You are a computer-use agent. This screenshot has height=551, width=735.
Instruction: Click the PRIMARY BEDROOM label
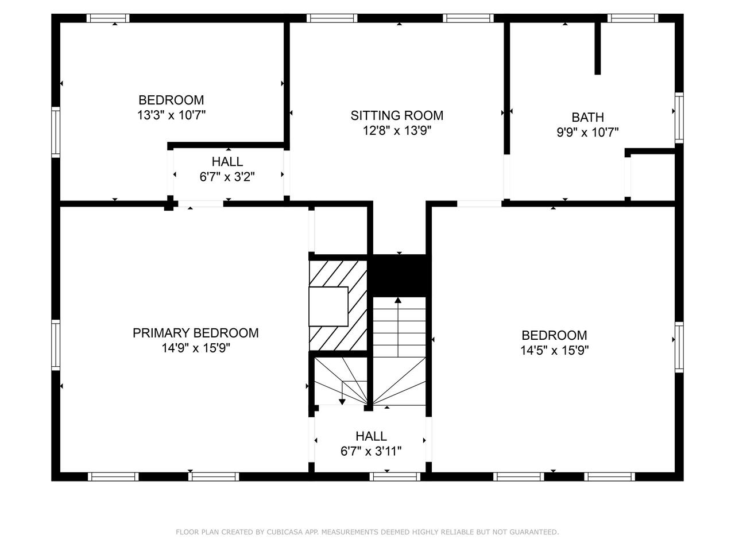(196, 333)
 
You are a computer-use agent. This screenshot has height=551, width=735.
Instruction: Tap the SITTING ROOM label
(397, 115)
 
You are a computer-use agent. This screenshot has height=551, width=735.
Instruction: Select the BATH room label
(587, 118)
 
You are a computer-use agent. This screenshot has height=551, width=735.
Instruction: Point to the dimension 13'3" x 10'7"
(171, 115)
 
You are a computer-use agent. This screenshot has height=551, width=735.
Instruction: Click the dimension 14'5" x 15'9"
(554, 350)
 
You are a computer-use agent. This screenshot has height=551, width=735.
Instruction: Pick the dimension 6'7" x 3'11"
(371, 451)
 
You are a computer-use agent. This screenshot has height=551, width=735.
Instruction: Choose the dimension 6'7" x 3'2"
(227, 176)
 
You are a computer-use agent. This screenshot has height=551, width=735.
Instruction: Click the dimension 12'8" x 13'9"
(397, 130)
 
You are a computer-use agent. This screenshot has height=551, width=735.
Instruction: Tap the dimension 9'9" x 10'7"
(587, 132)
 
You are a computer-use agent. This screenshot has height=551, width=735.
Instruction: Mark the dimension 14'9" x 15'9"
(196, 348)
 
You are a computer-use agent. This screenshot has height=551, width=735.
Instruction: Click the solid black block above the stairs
(399, 275)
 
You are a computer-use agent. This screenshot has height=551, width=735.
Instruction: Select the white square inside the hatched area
(328, 306)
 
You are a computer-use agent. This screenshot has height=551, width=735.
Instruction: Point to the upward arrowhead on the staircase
(398, 300)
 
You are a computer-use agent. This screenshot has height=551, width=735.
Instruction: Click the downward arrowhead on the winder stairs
(342, 402)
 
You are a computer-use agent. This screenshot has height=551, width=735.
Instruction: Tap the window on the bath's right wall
(679, 118)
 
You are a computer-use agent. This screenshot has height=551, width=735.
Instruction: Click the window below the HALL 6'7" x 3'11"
(395, 476)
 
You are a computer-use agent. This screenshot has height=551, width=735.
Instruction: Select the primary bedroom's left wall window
(56, 346)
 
